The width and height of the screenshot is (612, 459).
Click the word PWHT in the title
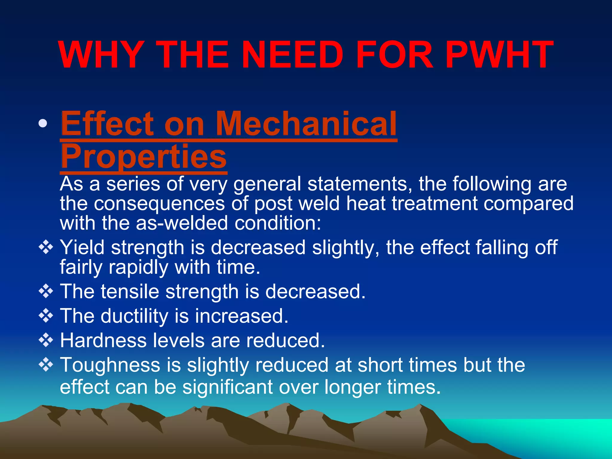(x=501, y=55)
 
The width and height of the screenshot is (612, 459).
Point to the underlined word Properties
(x=143, y=157)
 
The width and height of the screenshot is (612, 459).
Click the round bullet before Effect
(x=43, y=123)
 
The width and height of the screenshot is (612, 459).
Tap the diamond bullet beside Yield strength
(x=46, y=248)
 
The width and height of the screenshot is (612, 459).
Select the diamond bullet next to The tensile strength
(x=46, y=291)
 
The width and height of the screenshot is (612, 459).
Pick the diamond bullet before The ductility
(x=46, y=316)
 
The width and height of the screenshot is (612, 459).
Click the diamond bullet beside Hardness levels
(x=46, y=340)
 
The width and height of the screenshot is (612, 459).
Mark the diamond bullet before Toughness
(x=46, y=365)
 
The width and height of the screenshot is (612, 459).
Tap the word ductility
(x=134, y=316)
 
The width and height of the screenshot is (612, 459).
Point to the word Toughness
(x=110, y=365)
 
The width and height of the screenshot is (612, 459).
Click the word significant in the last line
(x=227, y=387)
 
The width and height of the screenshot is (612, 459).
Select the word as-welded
(x=182, y=223)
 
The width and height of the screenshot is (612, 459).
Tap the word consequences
(x=159, y=204)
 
